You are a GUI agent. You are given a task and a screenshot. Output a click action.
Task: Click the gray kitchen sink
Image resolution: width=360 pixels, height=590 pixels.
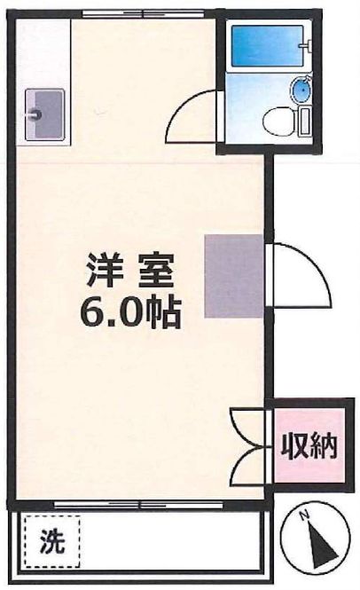coord(42,113)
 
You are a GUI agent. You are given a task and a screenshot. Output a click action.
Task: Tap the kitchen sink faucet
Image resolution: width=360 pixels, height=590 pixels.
coord(35,114)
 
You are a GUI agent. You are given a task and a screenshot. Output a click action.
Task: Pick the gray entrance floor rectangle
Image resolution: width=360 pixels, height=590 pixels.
coord(234,276)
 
